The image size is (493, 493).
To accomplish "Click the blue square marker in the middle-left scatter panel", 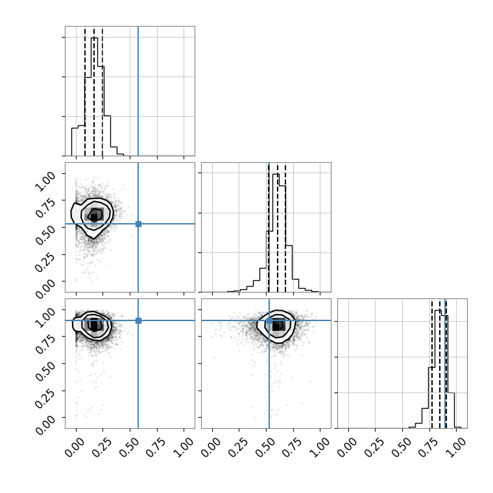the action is tap(138, 224).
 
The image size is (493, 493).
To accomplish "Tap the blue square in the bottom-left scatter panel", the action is tap(138, 320).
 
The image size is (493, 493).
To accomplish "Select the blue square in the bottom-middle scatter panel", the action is tap(269, 320).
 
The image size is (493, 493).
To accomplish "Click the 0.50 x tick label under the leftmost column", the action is tap(129, 447).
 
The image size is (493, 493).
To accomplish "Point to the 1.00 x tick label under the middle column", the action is tap(320, 447).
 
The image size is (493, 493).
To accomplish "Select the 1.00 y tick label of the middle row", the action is tap(45, 182).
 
